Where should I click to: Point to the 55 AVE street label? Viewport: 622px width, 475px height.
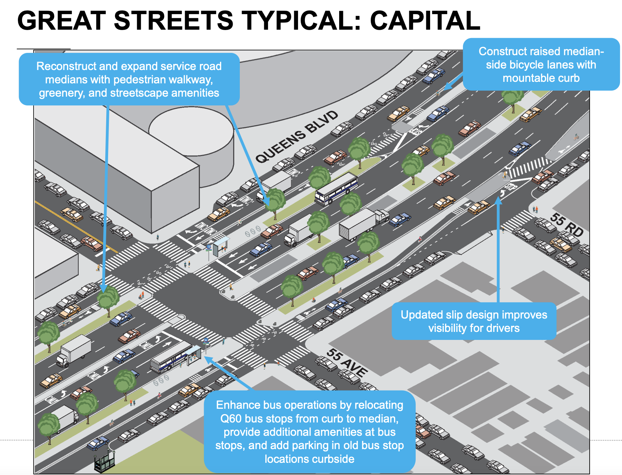pyautogui.click(x=347, y=363)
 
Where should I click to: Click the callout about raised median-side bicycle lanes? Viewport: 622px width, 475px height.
pyautogui.click(x=541, y=64)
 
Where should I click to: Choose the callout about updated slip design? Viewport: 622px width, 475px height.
pyautogui.click(x=474, y=321)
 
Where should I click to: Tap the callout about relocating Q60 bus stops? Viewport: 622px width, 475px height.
pyautogui.click(x=309, y=432)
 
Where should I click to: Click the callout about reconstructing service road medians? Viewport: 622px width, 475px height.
pyautogui.click(x=129, y=79)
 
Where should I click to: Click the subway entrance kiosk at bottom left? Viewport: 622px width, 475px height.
pyautogui.click(x=104, y=462)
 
